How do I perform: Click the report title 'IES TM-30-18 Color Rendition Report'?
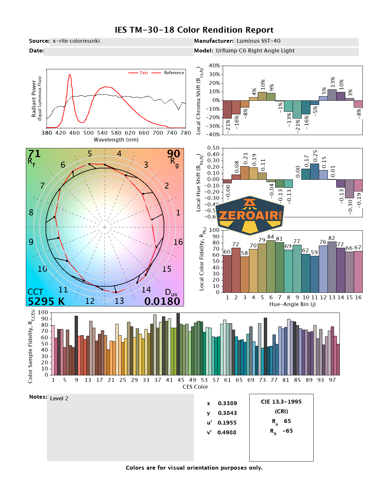[194, 30]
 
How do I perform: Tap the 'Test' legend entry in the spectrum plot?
[144, 73]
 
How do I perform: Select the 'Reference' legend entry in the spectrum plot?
[174, 73]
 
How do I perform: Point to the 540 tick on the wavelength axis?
[102, 133]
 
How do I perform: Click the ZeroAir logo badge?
[249, 215]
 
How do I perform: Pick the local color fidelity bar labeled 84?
[271, 266]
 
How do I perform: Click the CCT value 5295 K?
[46, 302]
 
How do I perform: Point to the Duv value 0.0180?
[162, 302]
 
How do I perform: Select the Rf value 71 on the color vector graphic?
[34, 154]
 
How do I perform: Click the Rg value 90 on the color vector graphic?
[173, 154]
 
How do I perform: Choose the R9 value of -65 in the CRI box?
[287, 431]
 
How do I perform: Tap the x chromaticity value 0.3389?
[227, 404]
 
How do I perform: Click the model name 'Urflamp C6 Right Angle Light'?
[255, 51]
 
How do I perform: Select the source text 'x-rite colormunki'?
[76, 41]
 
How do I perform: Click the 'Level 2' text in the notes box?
[59, 399]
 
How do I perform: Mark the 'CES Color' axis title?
[195, 387]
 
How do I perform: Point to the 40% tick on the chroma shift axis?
[214, 66]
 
